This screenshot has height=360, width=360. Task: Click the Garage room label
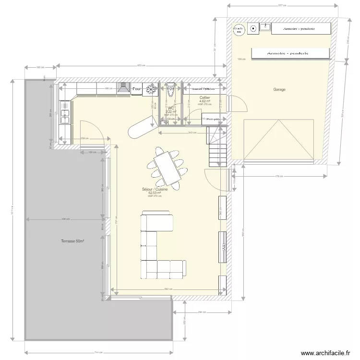[x=279, y=90]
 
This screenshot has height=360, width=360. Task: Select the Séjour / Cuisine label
[x=155, y=190]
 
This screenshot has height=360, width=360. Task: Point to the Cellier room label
[x=204, y=97]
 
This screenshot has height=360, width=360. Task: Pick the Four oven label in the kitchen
[x=137, y=89]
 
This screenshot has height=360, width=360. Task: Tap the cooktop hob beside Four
[x=151, y=89]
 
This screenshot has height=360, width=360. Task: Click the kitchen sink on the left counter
[x=64, y=115]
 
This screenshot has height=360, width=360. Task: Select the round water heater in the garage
[x=239, y=30]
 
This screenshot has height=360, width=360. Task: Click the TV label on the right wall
[x=223, y=246]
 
